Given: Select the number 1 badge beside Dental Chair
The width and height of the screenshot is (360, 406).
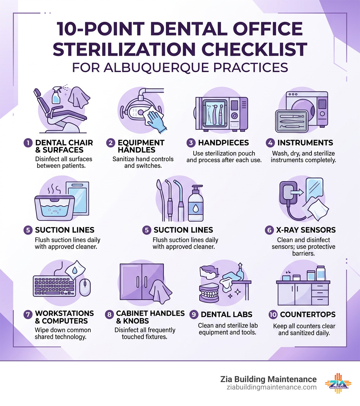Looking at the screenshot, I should (28, 143).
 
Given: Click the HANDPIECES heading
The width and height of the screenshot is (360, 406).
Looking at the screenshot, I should (223, 143).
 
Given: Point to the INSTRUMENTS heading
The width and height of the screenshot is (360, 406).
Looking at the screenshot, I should (305, 143).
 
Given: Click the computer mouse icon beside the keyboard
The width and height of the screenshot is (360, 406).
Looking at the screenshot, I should (84, 287).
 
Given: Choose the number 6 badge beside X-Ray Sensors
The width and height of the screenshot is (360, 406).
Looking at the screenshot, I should (269, 230).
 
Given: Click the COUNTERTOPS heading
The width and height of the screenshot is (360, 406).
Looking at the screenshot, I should (308, 315).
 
